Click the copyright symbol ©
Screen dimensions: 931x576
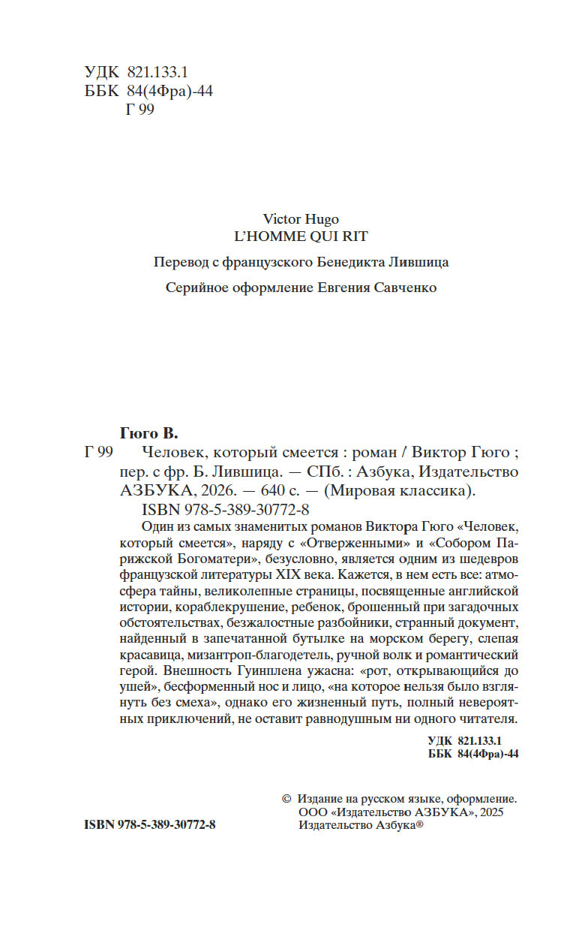pos(285,800)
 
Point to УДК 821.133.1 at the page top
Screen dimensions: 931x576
pos(136,72)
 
